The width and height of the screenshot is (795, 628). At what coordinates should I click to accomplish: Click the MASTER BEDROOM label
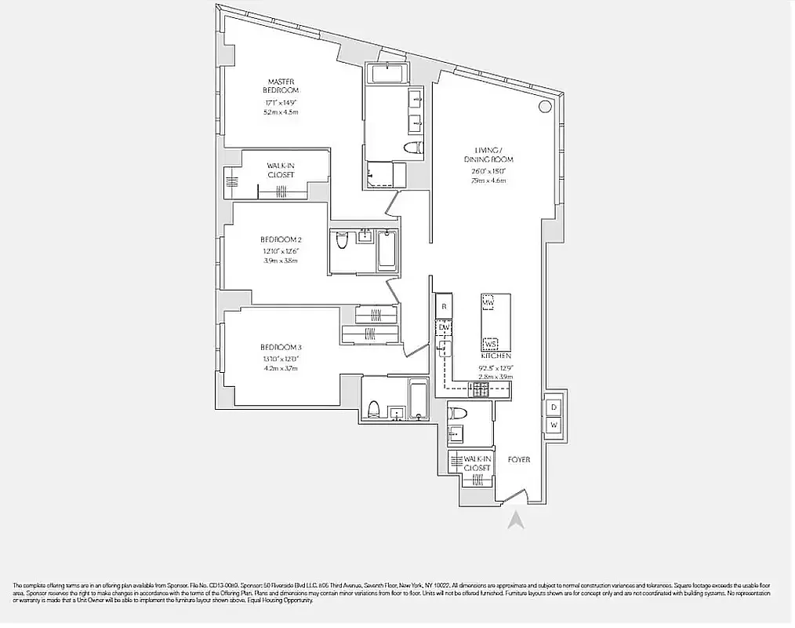click(x=281, y=86)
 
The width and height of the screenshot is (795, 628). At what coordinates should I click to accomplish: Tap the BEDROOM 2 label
click(x=281, y=239)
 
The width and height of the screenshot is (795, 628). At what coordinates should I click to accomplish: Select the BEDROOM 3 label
click(x=281, y=348)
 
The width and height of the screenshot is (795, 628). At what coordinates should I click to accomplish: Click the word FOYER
click(x=518, y=459)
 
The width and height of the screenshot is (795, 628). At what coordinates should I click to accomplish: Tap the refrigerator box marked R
click(x=444, y=306)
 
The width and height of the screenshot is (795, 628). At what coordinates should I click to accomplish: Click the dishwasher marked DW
click(x=444, y=327)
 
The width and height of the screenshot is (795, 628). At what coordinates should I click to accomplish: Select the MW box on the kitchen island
click(x=487, y=303)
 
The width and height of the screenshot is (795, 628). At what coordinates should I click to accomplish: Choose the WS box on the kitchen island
click(x=491, y=343)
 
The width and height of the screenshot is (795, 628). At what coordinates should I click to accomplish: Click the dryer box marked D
click(x=554, y=407)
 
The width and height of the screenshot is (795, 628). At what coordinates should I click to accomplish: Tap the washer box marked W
click(x=554, y=425)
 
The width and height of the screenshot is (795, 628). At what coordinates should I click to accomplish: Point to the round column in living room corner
click(x=544, y=107)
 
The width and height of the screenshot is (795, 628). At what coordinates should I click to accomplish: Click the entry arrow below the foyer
click(x=515, y=520)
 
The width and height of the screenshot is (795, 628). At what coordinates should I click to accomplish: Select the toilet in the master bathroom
click(x=412, y=148)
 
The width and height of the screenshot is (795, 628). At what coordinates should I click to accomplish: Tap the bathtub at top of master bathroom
click(x=386, y=75)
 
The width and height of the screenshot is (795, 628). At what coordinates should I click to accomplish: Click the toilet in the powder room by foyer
click(x=457, y=414)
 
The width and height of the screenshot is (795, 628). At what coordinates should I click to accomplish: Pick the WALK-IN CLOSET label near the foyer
click(x=477, y=463)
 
